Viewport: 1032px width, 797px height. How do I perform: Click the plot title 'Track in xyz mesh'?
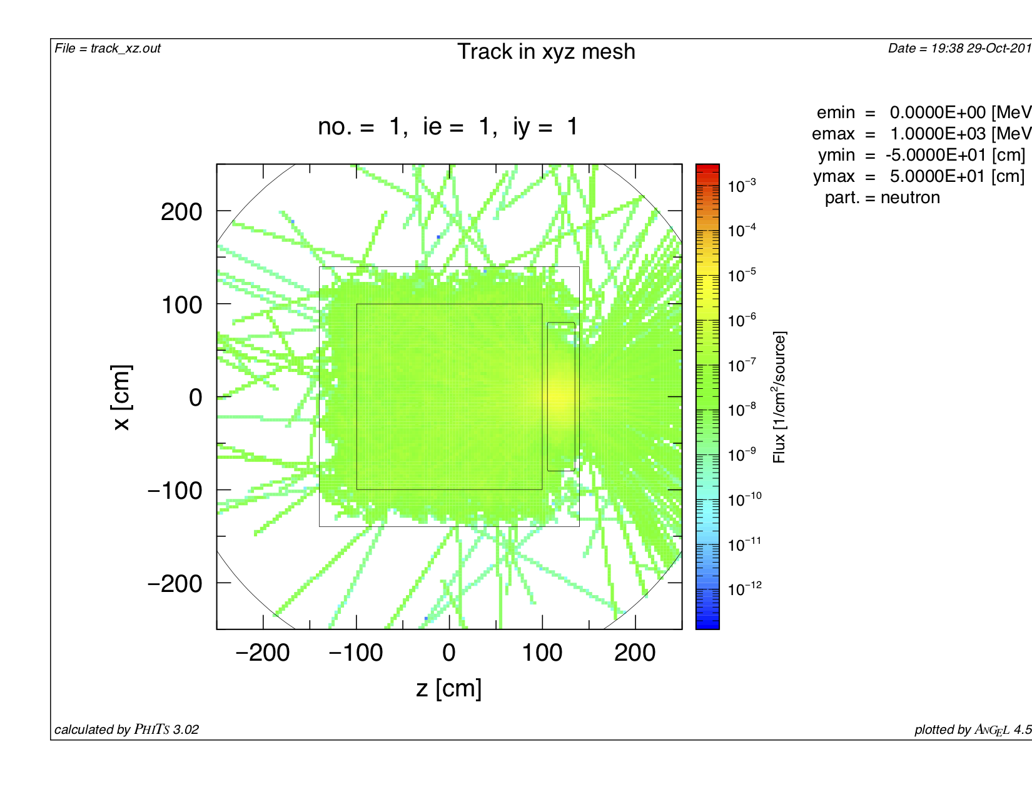click(x=546, y=52)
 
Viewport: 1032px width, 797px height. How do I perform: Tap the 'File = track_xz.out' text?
click(x=108, y=49)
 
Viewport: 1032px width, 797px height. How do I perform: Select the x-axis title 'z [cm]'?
click(x=448, y=688)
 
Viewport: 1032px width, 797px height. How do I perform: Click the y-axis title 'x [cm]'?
click(x=122, y=398)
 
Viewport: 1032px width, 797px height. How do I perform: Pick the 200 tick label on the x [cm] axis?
click(x=181, y=213)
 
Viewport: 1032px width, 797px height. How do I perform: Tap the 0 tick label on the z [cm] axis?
click(x=448, y=653)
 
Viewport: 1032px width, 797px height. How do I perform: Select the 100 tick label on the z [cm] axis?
click(x=542, y=653)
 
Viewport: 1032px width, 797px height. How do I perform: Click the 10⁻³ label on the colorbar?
click(x=742, y=186)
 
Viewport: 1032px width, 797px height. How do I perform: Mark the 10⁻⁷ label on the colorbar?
click(x=742, y=364)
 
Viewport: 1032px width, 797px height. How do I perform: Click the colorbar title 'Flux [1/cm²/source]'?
click(x=779, y=398)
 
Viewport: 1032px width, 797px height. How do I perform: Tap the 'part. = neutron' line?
click(x=882, y=198)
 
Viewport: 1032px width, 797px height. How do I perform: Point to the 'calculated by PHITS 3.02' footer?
click(x=126, y=729)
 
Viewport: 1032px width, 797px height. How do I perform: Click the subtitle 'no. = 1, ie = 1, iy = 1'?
click(x=448, y=127)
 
